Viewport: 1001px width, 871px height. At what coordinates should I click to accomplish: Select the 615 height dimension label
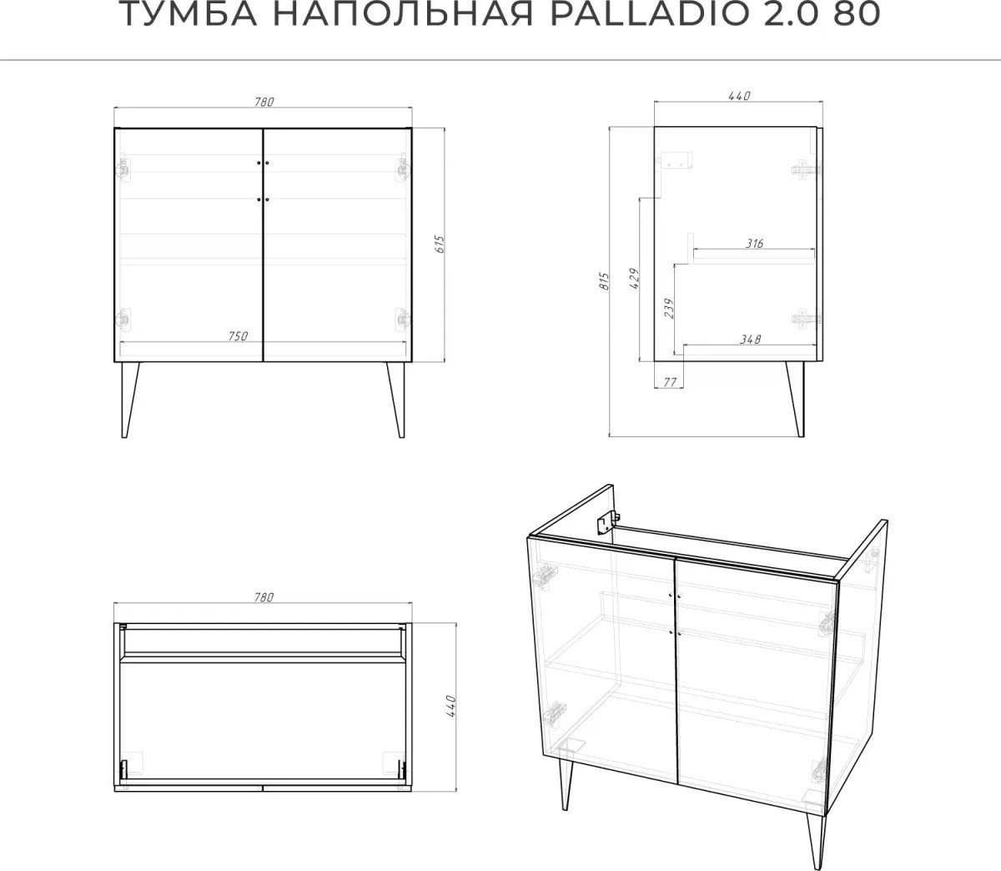click(x=440, y=244)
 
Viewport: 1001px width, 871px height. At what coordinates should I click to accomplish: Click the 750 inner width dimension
click(x=238, y=336)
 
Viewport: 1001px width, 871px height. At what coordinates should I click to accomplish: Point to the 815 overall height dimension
click(x=604, y=281)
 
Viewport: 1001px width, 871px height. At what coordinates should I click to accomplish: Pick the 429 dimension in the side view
click(x=634, y=278)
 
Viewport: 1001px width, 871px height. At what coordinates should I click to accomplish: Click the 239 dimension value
click(x=669, y=309)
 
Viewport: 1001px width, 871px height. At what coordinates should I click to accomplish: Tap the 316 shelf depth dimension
click(x=754, y=243)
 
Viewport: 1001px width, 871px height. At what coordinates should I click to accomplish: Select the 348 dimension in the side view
click(x=750, y=339)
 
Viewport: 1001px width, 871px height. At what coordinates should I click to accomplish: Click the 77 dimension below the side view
click(x=670, y=381)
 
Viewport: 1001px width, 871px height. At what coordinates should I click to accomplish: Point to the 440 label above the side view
click(x=739, y=95)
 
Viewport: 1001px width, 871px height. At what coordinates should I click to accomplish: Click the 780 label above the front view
click(x=264, y=102)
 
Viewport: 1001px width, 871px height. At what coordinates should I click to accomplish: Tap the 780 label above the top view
click(x=264, y=597)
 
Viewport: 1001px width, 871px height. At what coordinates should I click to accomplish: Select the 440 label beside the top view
click(x=450, y=706)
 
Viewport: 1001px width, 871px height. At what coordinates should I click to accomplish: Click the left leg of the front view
click(x=129, y=400)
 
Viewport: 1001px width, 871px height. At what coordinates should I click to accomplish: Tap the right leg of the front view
click(x=395, y=400)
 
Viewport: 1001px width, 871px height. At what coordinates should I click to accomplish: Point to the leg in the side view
click(x=796, y=400)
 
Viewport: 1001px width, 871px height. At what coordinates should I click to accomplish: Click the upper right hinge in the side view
click(x=806, y=169)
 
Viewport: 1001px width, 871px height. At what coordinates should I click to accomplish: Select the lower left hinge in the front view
click(x=124, y=320)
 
